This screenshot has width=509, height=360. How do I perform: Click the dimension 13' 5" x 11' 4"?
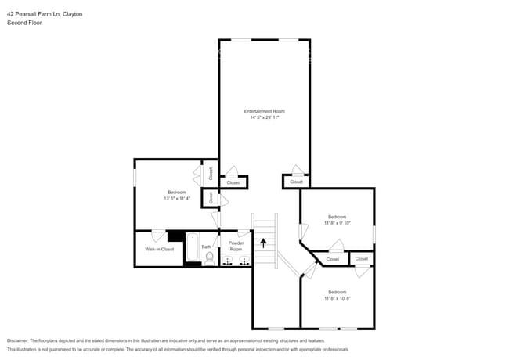(x=176, y=198)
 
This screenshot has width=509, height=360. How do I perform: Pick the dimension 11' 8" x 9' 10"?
(x=338, y=222)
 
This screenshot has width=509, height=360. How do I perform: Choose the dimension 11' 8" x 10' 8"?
(x=338, y=298)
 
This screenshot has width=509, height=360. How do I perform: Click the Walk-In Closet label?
(x=159, y=249)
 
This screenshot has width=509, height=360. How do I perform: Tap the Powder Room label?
(x=236, y=246)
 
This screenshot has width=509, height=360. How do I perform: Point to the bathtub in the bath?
(x=193, y=248)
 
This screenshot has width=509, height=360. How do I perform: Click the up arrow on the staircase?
(x=264, y=243)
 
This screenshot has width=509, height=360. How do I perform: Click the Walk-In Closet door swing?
(x=158, y=236)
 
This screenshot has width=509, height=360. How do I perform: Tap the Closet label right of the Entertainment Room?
(x=296, y=182)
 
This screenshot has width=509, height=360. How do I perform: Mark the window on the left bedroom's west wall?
(x=135, y=178)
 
